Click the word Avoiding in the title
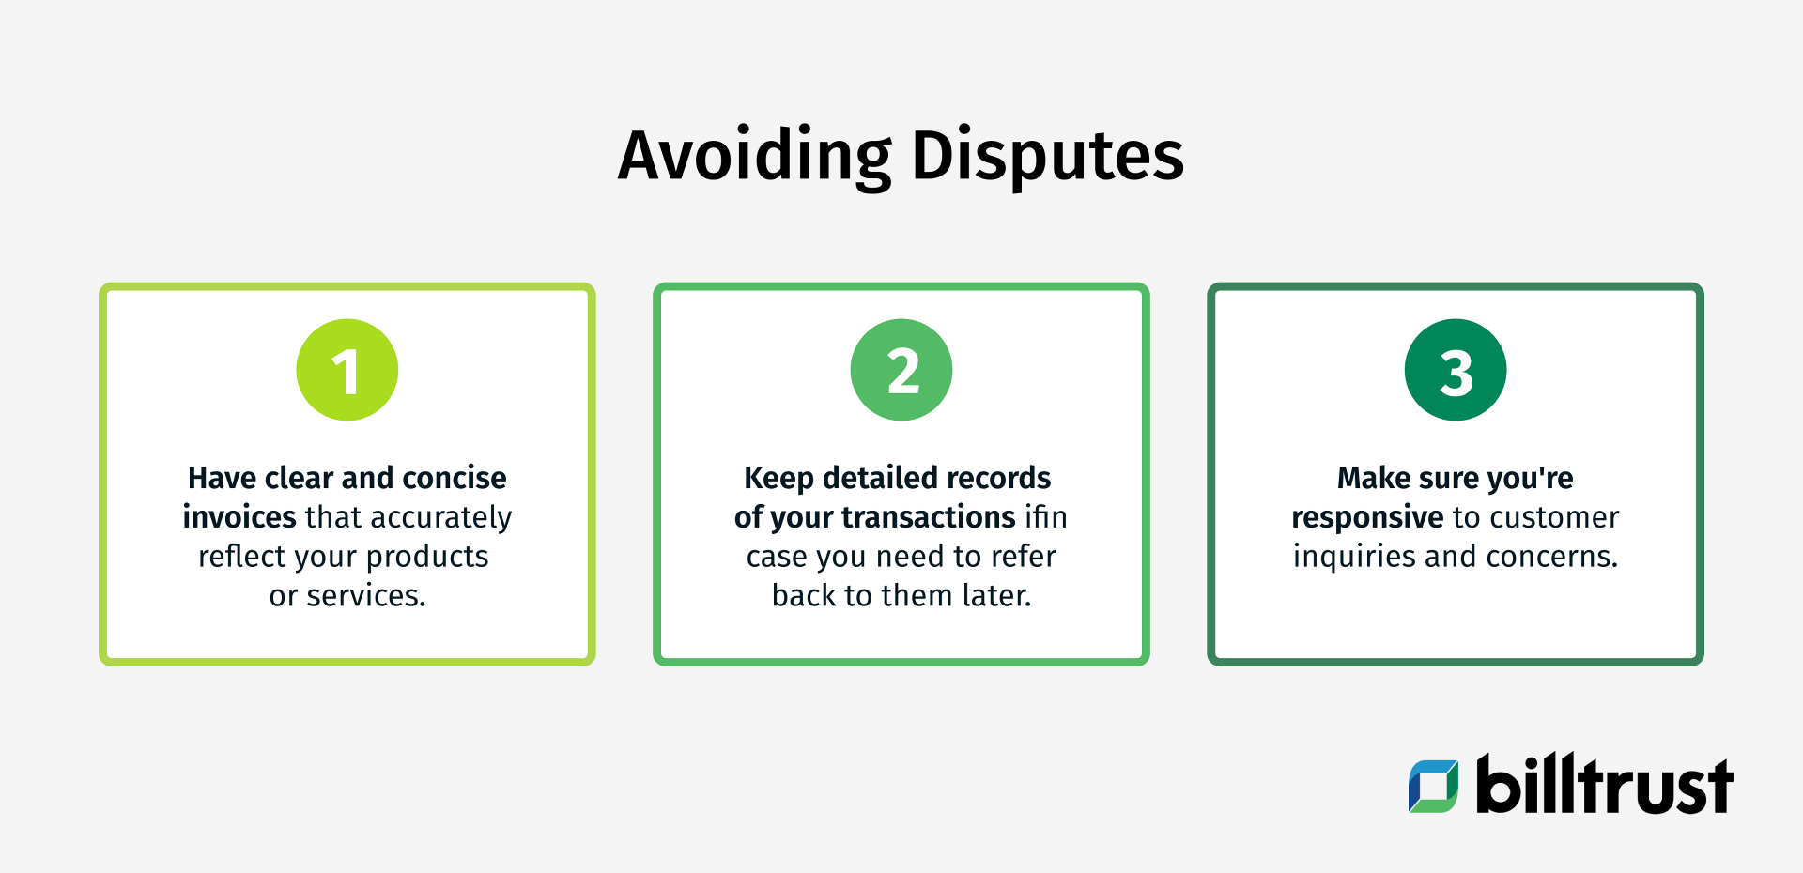(754, 156)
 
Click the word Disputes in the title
(1047, 158)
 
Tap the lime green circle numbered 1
(347, 370)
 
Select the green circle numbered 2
(901, 370)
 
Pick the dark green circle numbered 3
(1456, 370)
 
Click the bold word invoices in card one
(239, 517)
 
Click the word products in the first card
(427, 558)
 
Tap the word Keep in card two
(778, 479)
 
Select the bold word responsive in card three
(1367, 517)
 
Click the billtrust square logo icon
(1433, 786)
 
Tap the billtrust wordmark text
(1604, 785)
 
